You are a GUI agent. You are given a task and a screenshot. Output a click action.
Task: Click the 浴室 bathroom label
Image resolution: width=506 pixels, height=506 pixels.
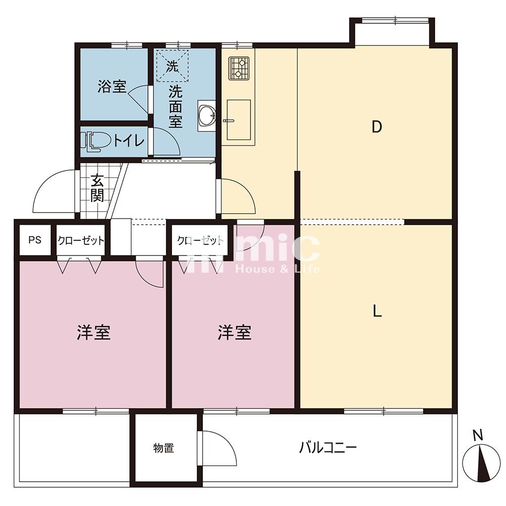tap(112, 87)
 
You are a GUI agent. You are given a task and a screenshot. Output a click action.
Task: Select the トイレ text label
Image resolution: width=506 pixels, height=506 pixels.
tap(129, 141)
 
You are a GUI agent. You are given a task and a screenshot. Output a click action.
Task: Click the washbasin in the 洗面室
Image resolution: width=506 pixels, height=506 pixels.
tap(206, 115)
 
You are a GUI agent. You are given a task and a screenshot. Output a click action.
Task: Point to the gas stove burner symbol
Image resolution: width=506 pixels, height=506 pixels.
tap(239, 68)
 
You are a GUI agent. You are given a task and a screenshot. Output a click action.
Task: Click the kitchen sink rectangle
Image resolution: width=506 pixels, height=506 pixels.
tap(239, 120)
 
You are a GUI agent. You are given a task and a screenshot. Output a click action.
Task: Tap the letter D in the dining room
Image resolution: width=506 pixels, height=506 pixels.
tap(376, 127)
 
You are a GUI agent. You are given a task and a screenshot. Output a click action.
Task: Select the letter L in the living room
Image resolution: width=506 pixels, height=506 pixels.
tap(377, 311)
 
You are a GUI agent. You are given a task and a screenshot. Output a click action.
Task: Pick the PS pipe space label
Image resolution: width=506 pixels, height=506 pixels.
tap(35, 240)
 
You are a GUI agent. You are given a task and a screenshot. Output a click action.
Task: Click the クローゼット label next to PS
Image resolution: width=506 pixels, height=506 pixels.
tap(80, 240)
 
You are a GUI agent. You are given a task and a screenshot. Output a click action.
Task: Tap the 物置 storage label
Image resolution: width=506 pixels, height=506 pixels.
tap(163, 448)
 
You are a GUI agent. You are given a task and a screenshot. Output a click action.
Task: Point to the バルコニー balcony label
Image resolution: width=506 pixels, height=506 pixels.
tap(328, 447)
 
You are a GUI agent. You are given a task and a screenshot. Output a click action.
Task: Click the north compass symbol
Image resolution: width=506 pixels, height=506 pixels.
tap(481, 462)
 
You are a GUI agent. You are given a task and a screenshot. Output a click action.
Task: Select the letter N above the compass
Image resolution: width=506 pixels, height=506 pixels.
tap(478, 435)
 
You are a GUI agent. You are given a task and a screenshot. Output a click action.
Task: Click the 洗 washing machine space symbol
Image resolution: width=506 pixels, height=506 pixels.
tap(172, 66)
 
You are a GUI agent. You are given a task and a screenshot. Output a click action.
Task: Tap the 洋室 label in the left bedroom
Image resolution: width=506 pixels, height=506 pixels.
tap(94, 332)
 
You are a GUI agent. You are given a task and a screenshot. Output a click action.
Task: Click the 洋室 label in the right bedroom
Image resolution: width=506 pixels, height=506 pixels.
tap(235, 332)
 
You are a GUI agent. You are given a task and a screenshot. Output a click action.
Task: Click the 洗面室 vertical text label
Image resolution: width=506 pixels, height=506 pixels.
tap(176, 107)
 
